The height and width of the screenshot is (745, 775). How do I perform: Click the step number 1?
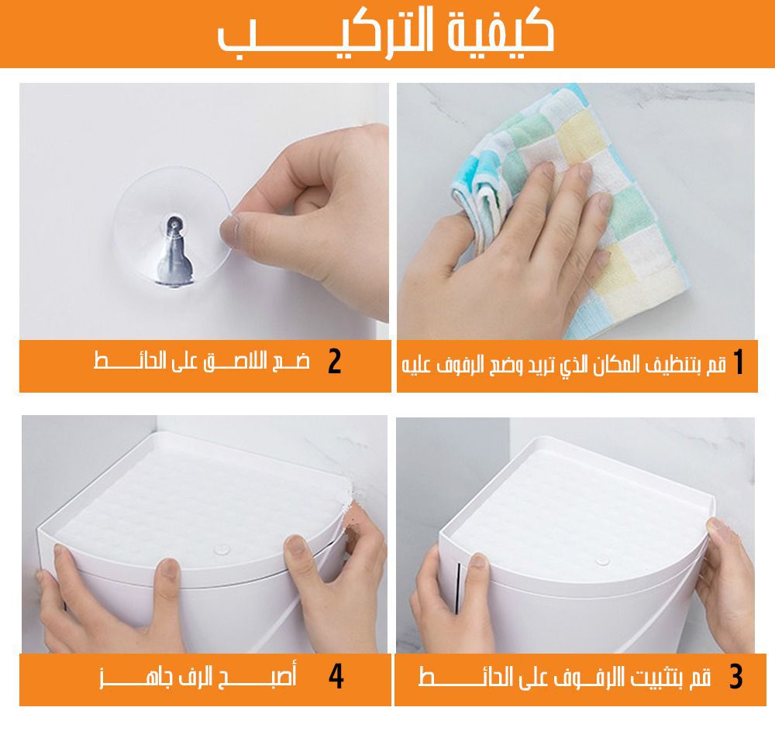[739, 362]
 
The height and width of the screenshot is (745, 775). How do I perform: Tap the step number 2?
[335, 362]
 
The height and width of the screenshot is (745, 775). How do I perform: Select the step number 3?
[736, 677]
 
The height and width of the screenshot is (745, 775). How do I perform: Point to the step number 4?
[336, 676]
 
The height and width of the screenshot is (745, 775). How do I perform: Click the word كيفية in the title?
[501, 32]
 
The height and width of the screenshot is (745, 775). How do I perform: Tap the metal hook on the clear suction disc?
[173, 250]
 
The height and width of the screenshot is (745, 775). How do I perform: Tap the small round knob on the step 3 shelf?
[602, 560]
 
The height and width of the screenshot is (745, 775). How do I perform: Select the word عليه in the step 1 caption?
[414, 366]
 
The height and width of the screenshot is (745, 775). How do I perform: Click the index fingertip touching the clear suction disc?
[230, 228]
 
